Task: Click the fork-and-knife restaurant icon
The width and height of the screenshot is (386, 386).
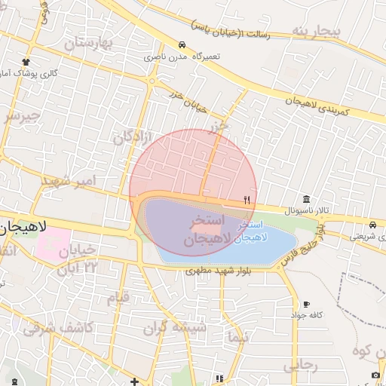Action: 247,200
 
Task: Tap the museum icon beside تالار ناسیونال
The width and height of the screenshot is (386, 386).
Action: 305,199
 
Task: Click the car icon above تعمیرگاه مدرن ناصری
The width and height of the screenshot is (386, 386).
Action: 182,45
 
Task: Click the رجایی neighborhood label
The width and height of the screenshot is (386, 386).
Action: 301,366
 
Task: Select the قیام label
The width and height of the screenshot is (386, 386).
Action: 119,297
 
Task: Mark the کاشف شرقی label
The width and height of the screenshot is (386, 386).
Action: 57,328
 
